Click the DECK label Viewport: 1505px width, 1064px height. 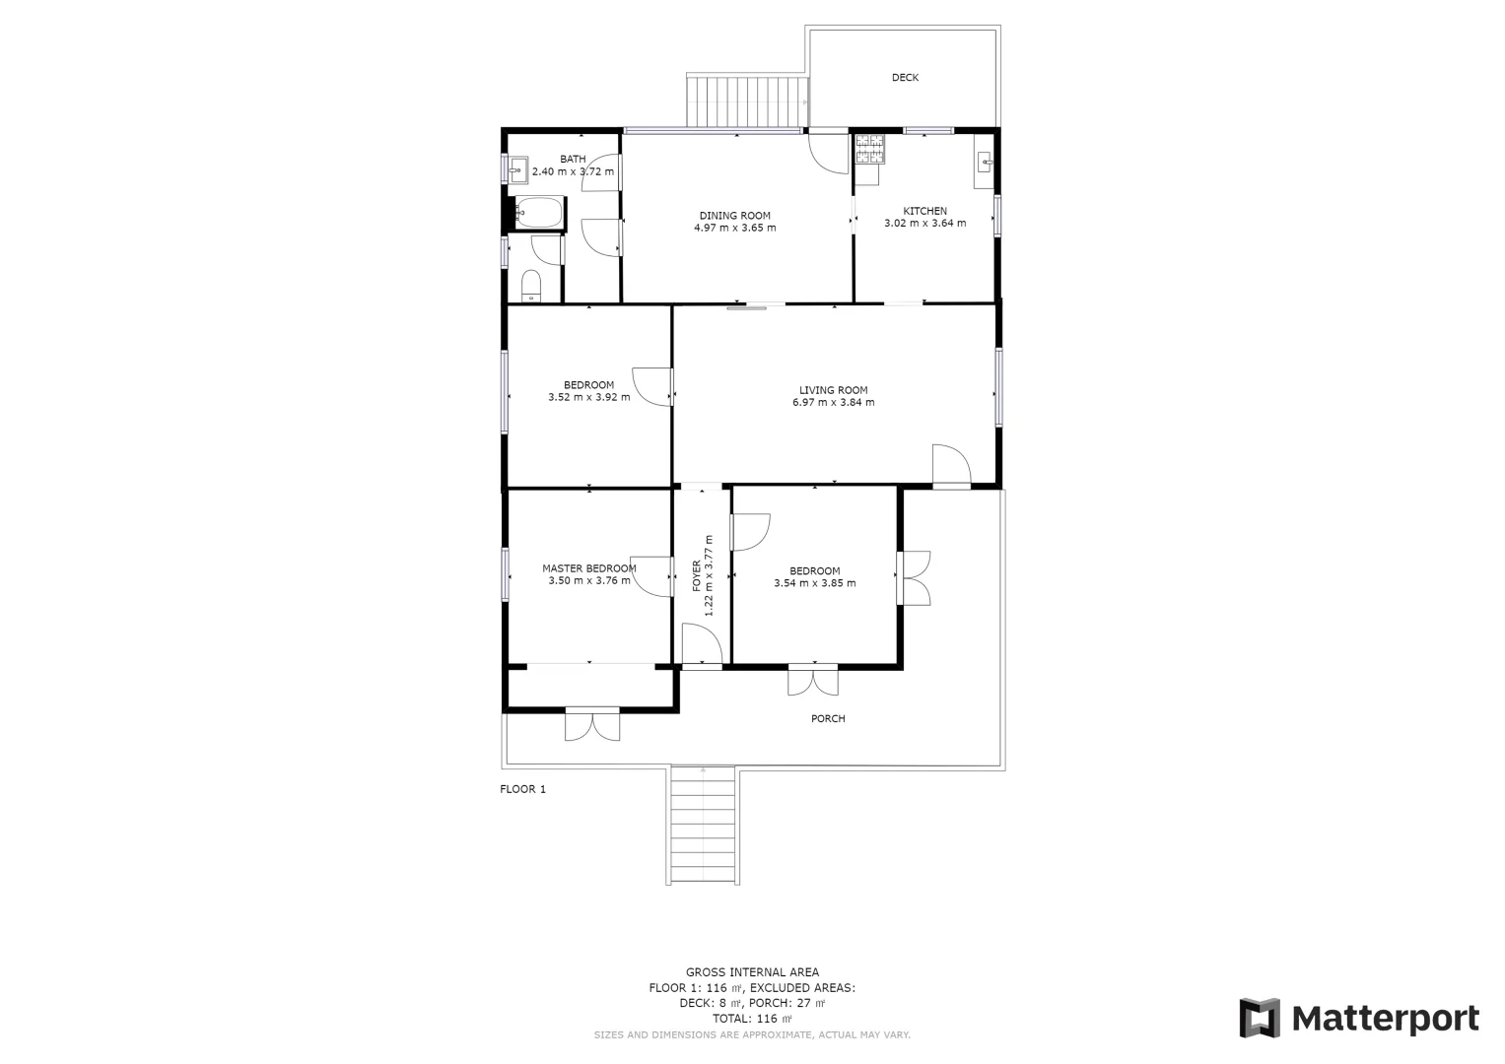pos(905,78)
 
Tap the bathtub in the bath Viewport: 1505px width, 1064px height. pos(537,212)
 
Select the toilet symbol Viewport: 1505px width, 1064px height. pos(531,286)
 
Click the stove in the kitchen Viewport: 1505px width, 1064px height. pos(869,150)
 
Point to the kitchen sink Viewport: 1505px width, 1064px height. pos(984,162)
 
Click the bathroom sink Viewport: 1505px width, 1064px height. pos(519,169)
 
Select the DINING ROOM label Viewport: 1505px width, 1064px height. pos(734,216)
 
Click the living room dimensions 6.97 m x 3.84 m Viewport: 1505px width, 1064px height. pos(833,402)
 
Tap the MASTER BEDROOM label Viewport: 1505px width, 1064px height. pos(588,568)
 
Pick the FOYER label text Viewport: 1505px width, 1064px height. pos(697,575)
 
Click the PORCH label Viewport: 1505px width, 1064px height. pos(828,719)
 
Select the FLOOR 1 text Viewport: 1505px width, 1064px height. pos(522,789)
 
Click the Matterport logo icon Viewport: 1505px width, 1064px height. pos(1259,1018)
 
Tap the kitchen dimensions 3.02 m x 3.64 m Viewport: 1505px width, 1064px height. pos(924,224)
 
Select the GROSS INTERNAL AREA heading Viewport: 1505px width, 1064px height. pos(752,972)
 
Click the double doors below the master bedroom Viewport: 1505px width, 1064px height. pos(592,724)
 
